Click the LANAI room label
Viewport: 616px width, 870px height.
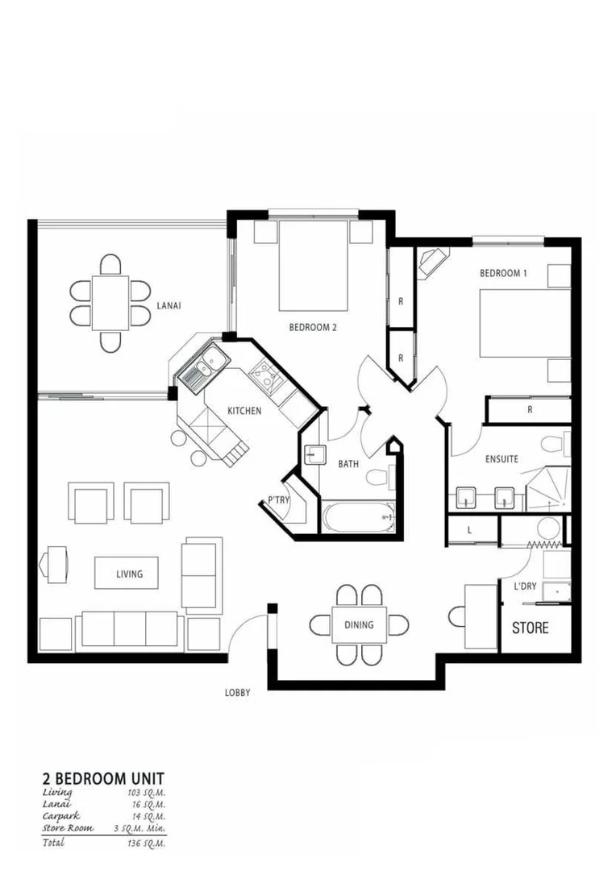[169, 306]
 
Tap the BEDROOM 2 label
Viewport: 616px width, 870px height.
[312, 327]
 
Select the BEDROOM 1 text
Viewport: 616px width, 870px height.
[503, 273]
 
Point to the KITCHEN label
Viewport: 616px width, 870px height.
[243, 411]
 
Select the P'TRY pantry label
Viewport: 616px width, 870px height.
[278, 500]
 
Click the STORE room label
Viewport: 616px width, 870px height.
[531, 628]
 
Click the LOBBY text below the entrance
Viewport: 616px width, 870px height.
[238, 692]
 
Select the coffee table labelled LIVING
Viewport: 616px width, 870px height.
[129, 574]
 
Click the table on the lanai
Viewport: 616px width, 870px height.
[110, 302]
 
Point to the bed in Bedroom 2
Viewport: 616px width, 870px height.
[313, 270]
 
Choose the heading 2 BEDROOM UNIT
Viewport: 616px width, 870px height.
[103, 778]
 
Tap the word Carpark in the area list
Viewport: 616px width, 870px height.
[61, 816]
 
